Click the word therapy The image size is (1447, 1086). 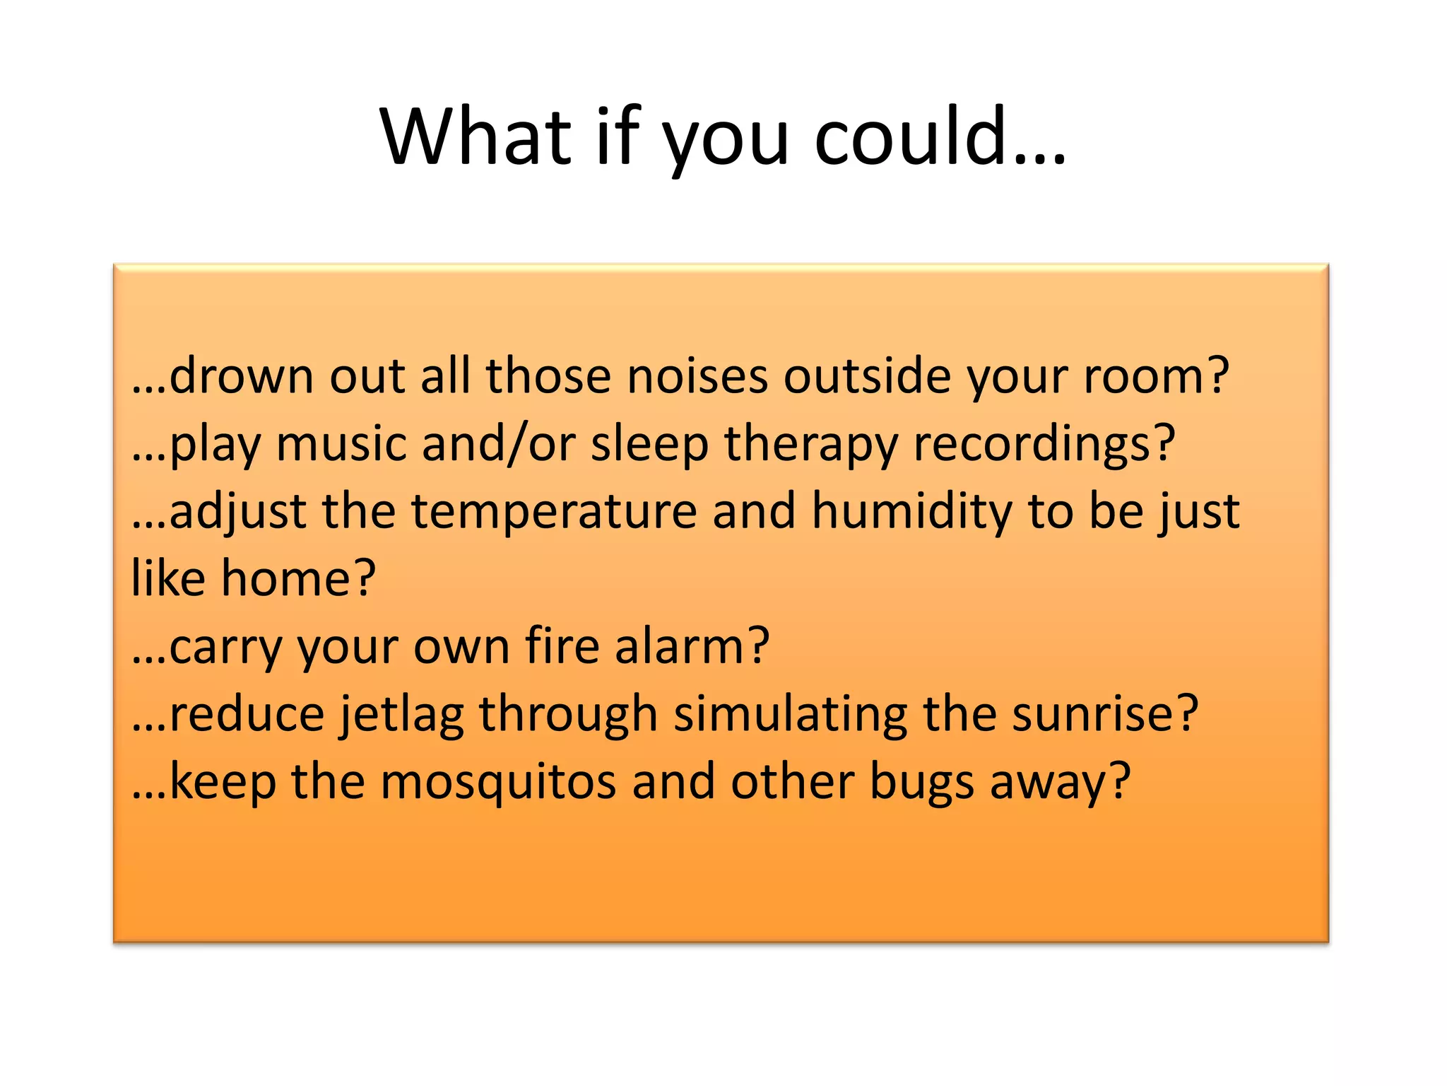click(x=810, y=444)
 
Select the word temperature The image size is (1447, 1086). click(x=554, y=512)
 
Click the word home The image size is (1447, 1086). click(x=285, y=579)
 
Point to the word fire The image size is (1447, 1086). click(x=562, y=646)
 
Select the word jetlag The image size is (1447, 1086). click(x=401, y=714)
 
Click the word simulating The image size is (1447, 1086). click(x=790, y=714)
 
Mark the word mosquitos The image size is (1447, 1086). click(x=497, y=783)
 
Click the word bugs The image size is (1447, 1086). click(x=921, y=783)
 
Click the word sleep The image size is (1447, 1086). click(x=649, y=444)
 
